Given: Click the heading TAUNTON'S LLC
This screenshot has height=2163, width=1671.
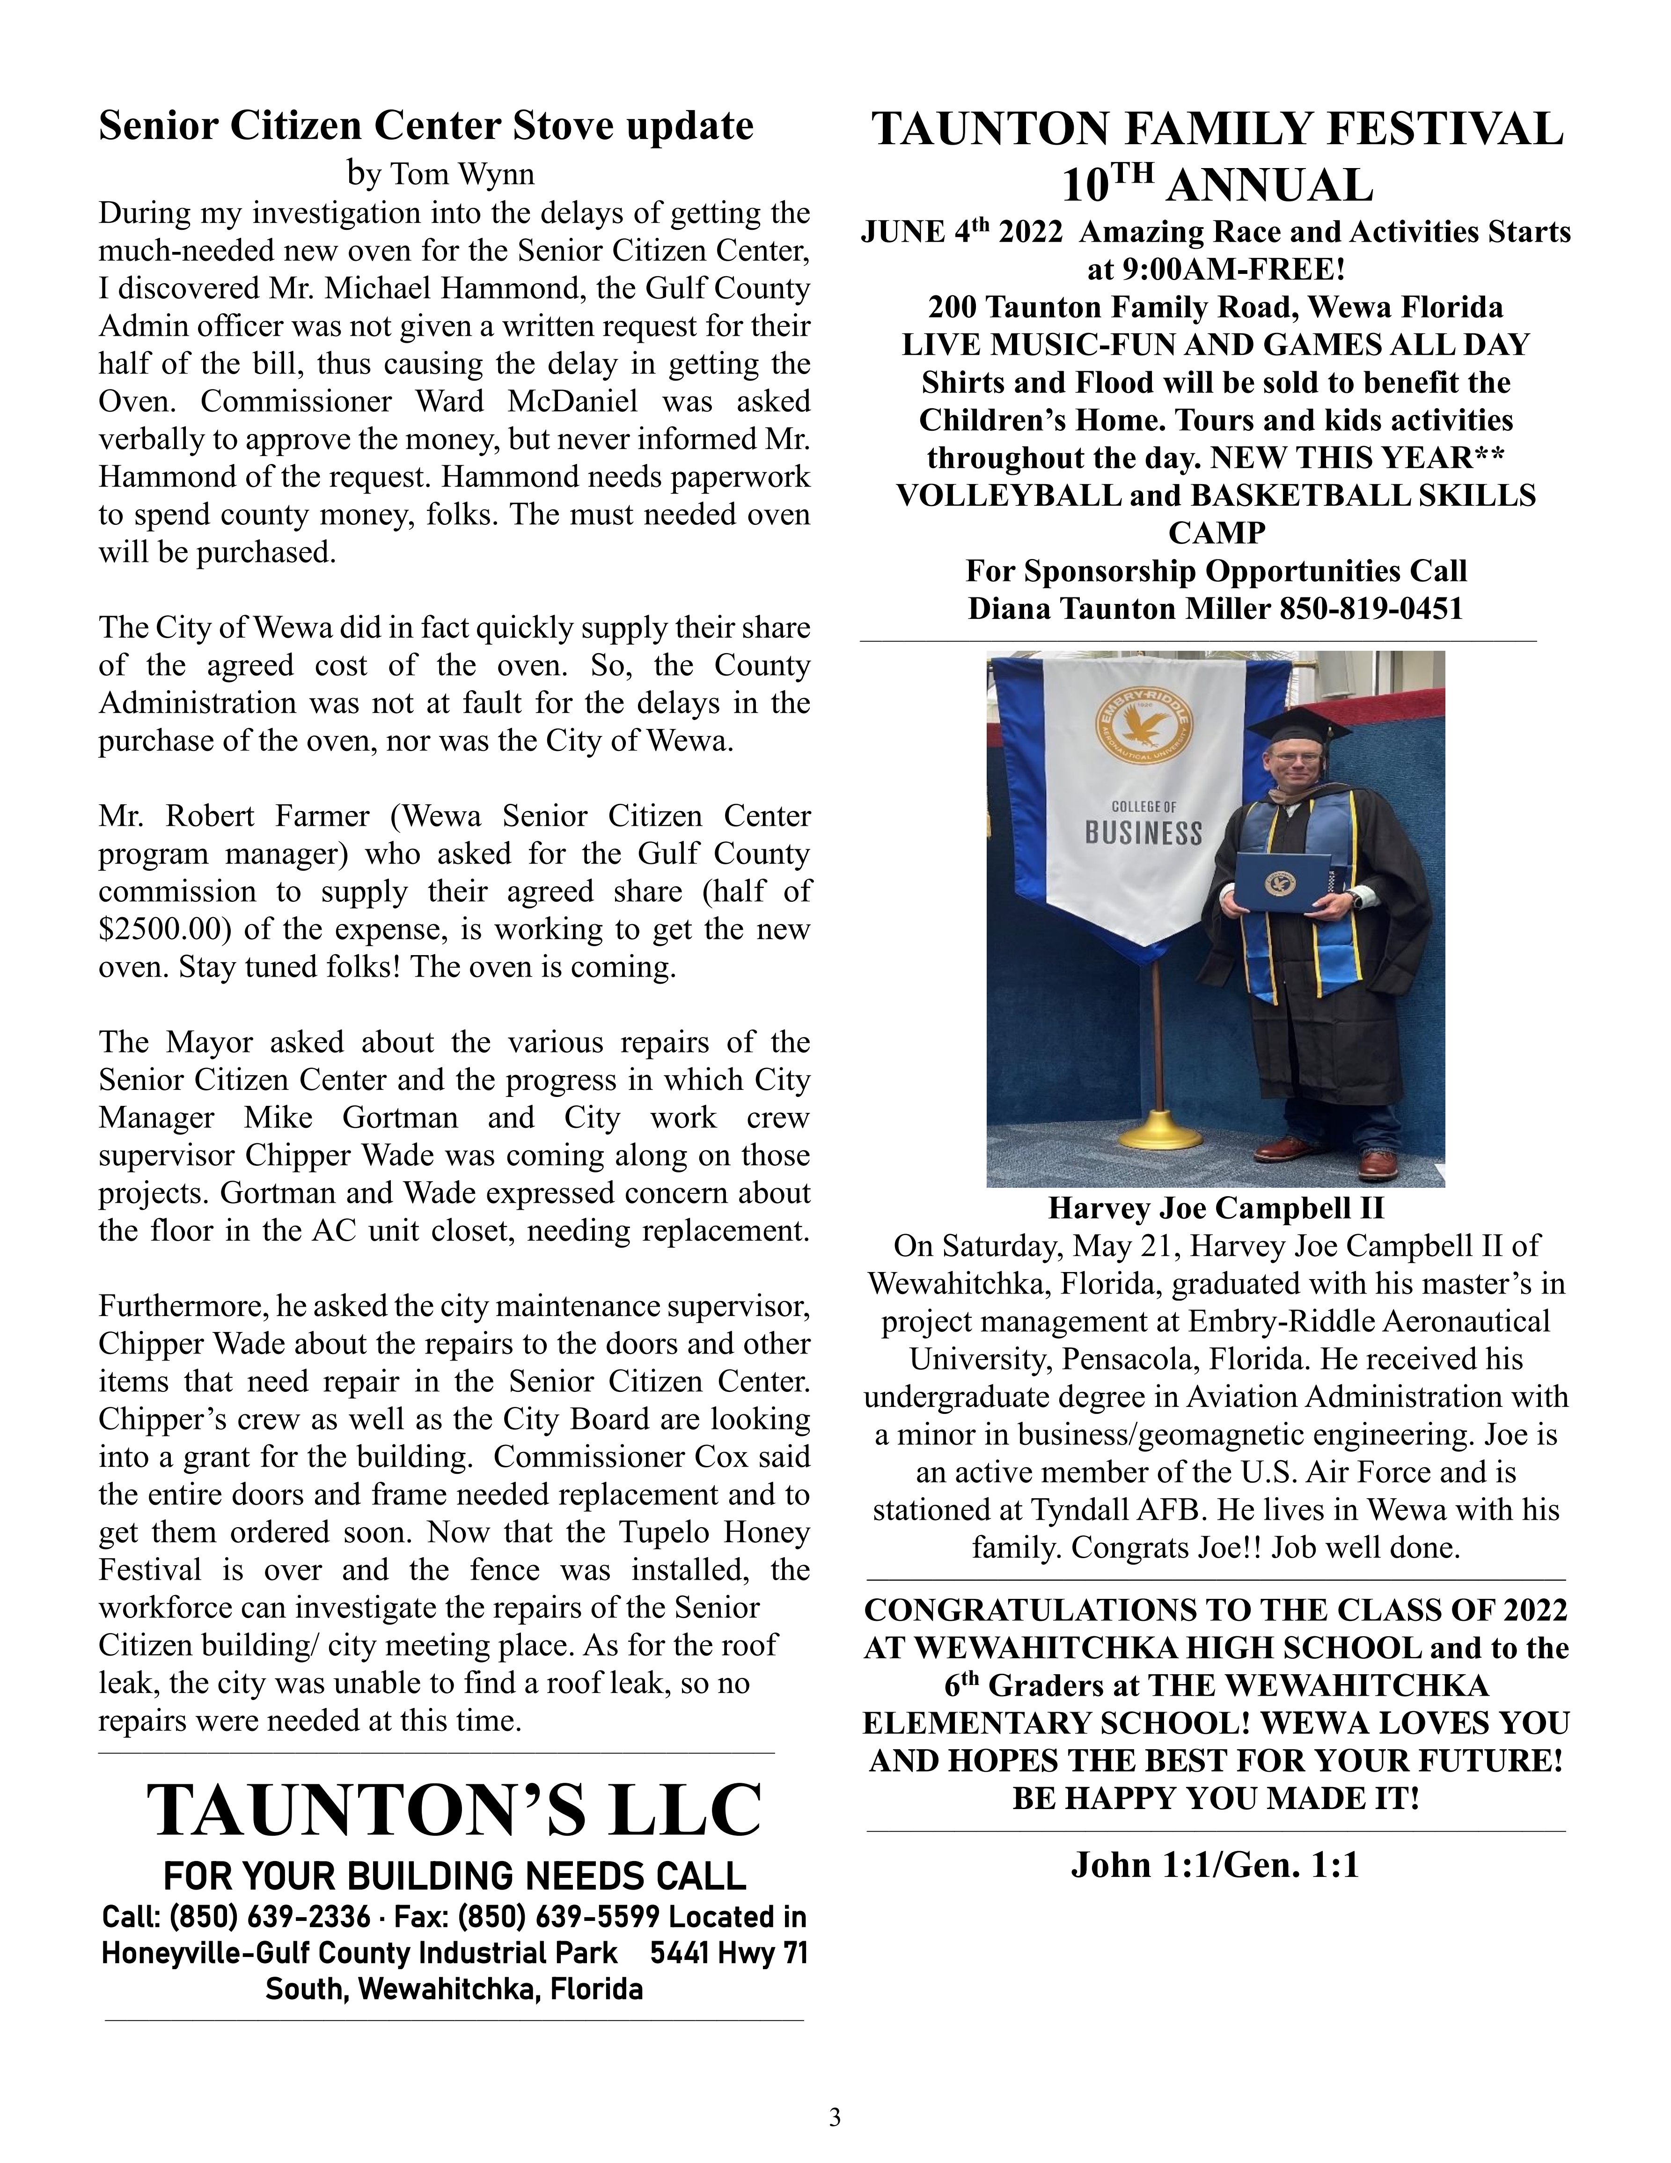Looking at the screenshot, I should pyautogui.click(x=454, y=1810).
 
